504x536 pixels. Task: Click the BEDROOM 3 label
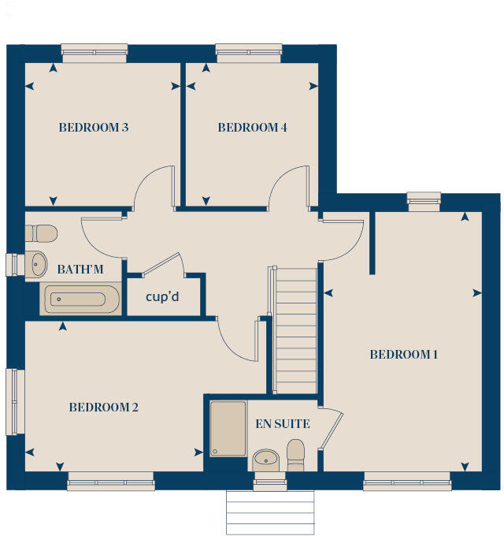94,127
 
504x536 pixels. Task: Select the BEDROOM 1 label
403,355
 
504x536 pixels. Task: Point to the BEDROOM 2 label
103,408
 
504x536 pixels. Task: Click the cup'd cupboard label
165,298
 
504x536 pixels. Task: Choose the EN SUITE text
282,424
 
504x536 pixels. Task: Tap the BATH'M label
80,270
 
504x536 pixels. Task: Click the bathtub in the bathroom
80,300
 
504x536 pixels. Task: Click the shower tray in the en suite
228,429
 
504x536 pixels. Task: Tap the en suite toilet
295,455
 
